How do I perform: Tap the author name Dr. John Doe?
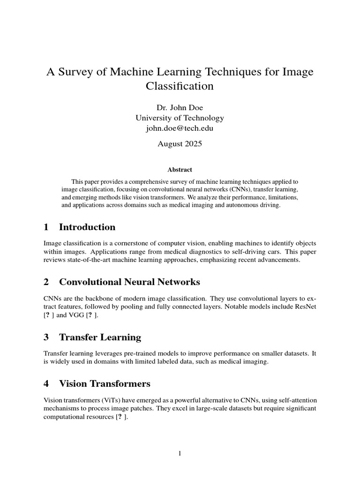180,108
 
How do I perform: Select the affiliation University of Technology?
180,118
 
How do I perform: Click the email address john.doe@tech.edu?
180,128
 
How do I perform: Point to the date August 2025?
180,144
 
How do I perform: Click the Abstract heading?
180,170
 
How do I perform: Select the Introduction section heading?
87,227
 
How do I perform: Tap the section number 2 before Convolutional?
46,282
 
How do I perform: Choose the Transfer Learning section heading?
100,337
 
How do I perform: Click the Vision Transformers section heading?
105,384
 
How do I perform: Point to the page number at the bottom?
180,453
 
